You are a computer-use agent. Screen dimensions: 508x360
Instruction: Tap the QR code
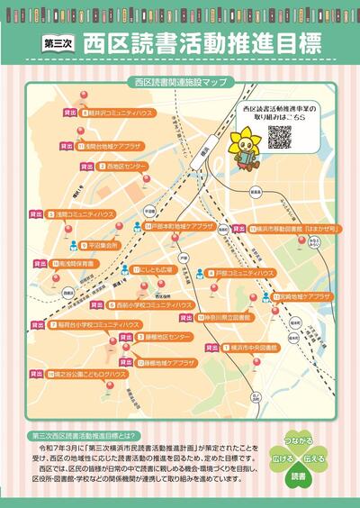279,136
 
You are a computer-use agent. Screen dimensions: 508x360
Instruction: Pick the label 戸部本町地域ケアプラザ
183,226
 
